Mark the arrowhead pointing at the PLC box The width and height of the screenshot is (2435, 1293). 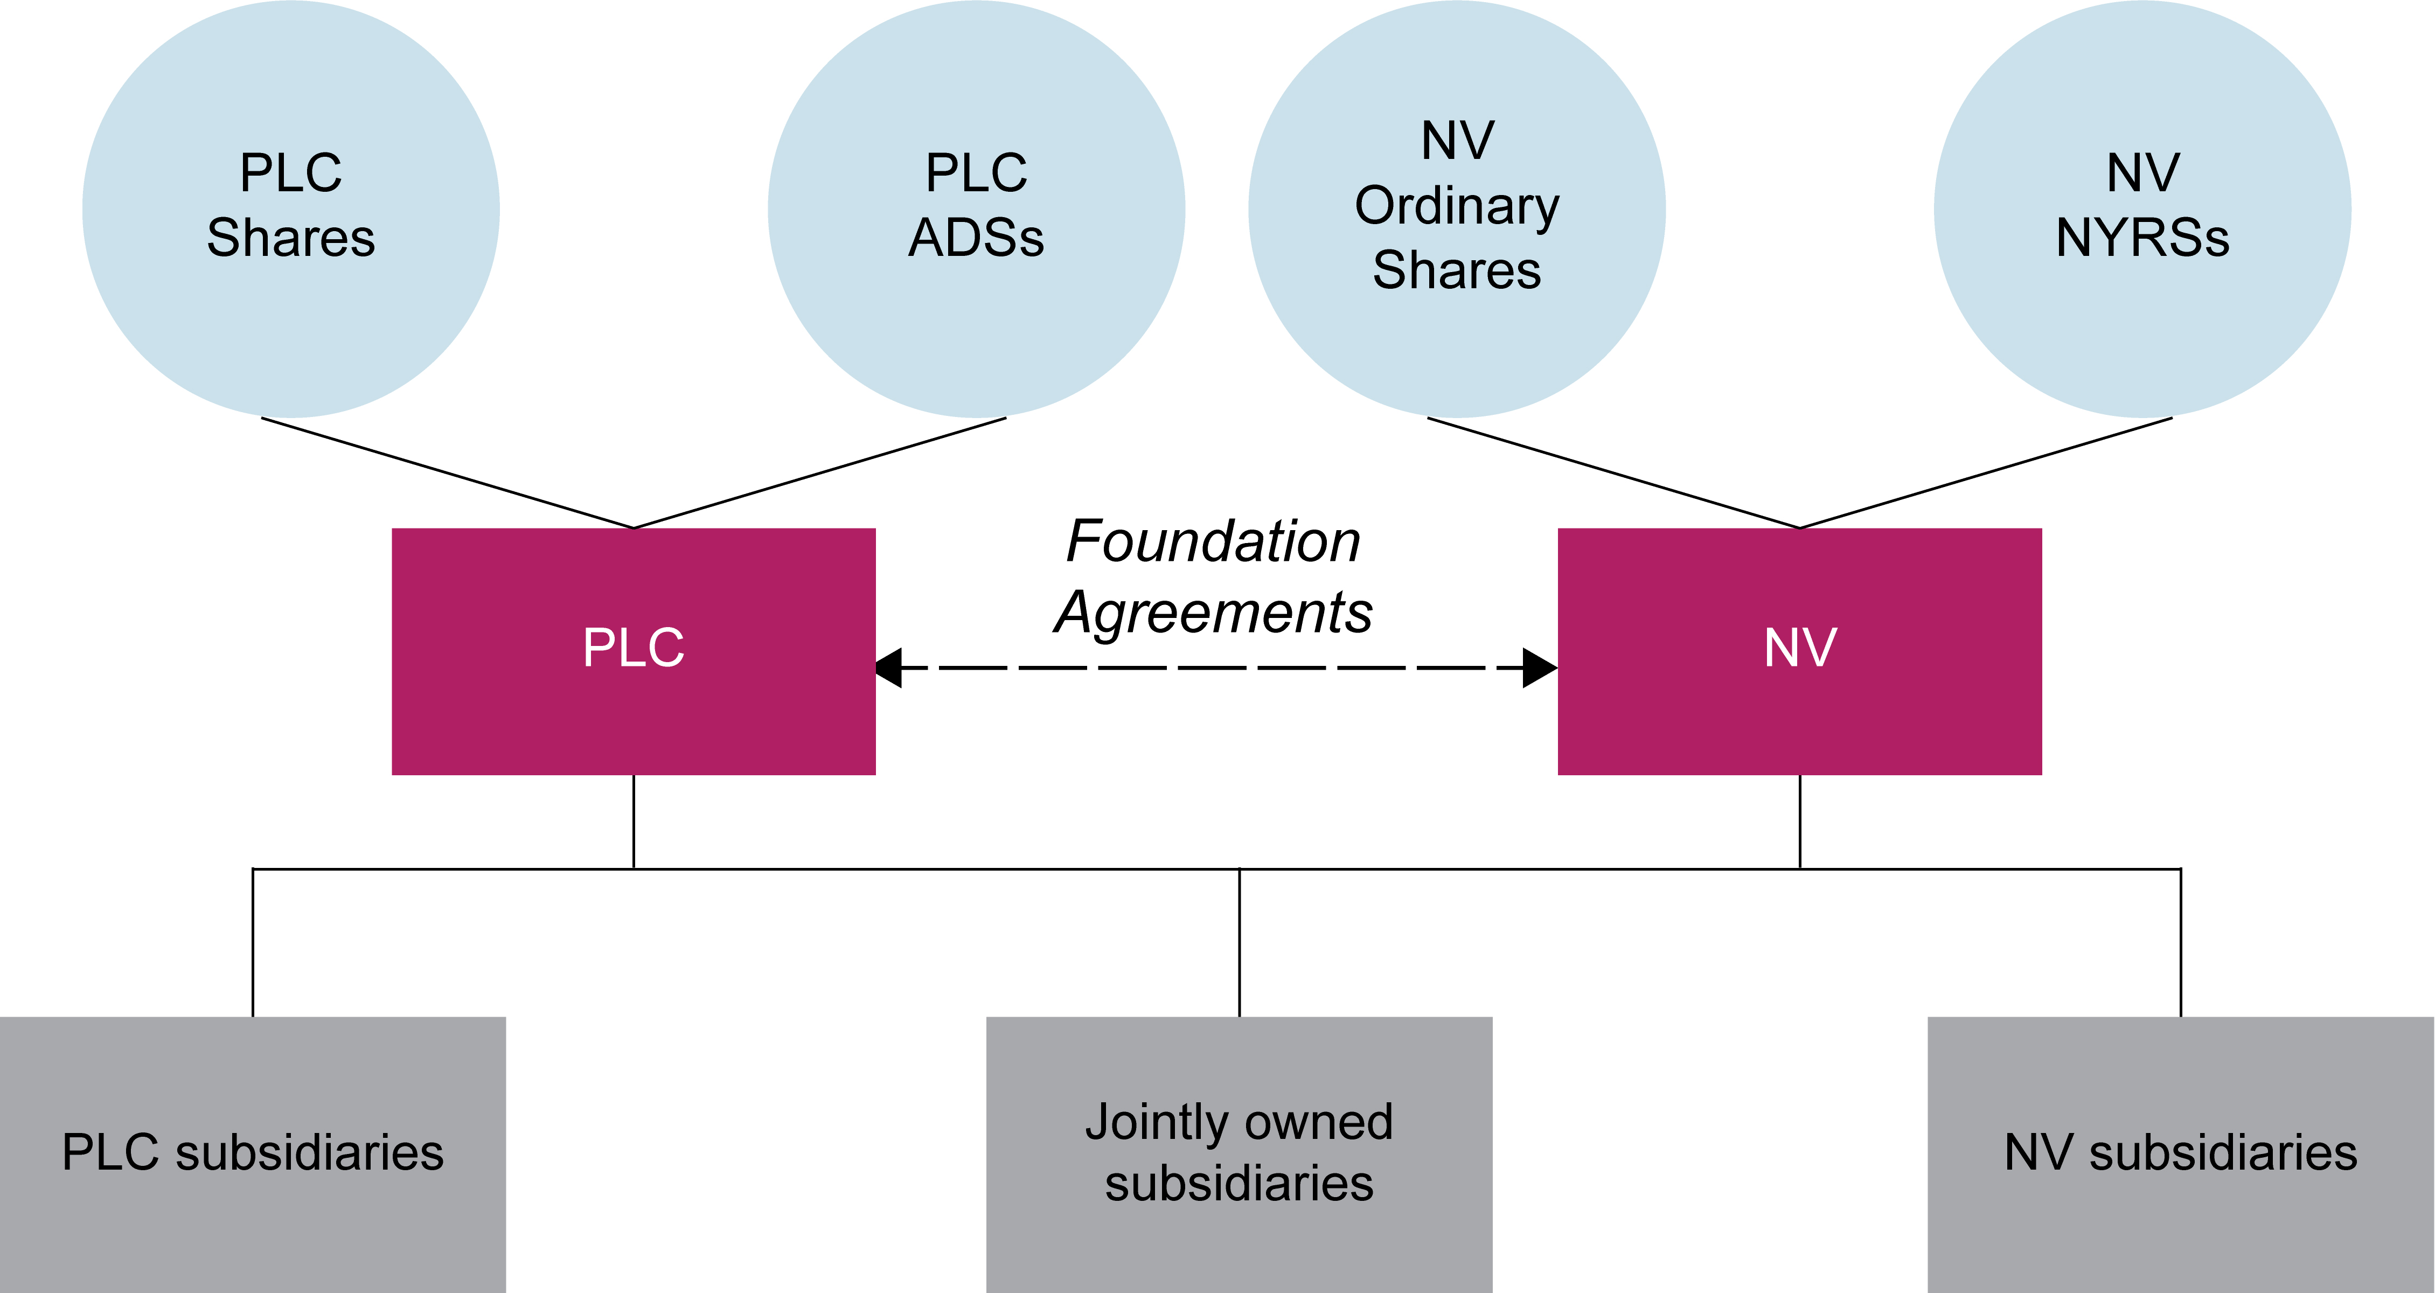click(888, 668)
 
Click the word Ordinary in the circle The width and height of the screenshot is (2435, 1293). click(1457, 206)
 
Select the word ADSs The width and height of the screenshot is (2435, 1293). click(977, 237)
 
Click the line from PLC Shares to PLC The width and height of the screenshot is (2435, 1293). click(447, 472)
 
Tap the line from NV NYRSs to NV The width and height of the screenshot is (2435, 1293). click(1985, 472)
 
